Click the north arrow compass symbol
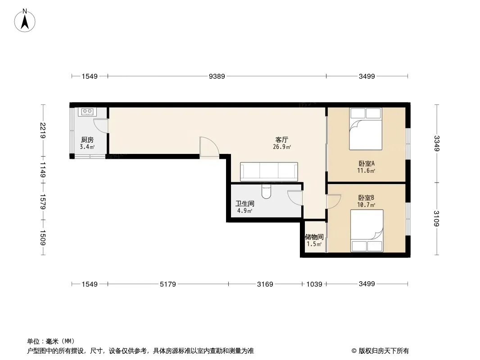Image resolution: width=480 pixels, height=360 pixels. tap(25, 21)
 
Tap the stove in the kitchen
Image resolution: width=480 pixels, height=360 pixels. tap(87, 112)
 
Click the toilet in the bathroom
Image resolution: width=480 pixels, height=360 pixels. tap(266, 192)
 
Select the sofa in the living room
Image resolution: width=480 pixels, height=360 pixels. tap(269, 171)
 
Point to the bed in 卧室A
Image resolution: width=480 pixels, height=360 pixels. tap(366, 129)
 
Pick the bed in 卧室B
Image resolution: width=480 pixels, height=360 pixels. tap(367, 231)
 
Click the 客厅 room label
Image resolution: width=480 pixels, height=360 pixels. tap(281, 140)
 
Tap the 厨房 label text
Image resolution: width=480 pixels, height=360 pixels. tap(87, 140)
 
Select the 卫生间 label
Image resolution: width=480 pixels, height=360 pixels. tap(245, 203)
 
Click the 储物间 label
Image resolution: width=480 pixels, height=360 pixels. tap(314, 237)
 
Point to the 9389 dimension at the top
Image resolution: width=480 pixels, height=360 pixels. tap(217, 76)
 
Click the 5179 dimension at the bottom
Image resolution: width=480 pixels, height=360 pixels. tap(168, 284)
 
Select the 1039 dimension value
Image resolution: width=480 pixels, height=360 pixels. tap(314, 284)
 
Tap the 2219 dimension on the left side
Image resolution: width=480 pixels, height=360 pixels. tap(42, 130)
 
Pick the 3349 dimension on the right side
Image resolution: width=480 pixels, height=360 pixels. tap(437, 143)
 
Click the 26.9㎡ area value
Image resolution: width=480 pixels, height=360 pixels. tap(282, 147)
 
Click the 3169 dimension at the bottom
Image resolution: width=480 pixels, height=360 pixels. tap(265, 284)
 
